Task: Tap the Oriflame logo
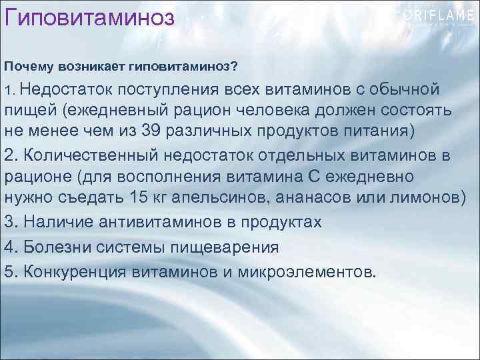click(437, 17)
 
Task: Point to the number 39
click(151, 129)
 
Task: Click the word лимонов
click(423, 197)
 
